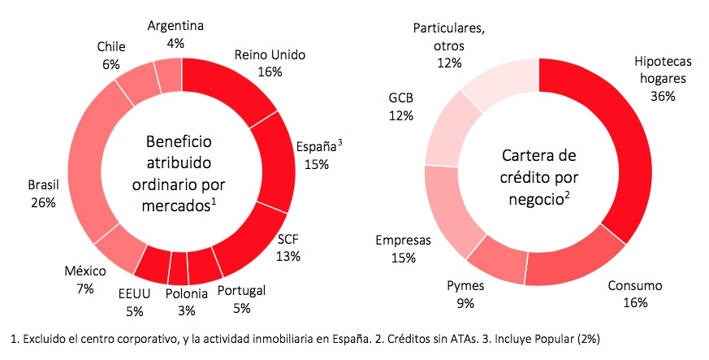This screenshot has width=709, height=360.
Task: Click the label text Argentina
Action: tap(175, 25)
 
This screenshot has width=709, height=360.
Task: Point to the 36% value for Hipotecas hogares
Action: tap(663, 95)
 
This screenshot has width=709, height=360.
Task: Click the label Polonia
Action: tap(185, 294)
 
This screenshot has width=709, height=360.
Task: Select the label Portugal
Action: tap(243, 292)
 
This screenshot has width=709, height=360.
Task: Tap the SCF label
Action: tap(288, 241)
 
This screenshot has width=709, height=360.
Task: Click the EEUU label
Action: tap(135, 294)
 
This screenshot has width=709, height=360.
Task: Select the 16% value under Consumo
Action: tap(634, 302)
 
